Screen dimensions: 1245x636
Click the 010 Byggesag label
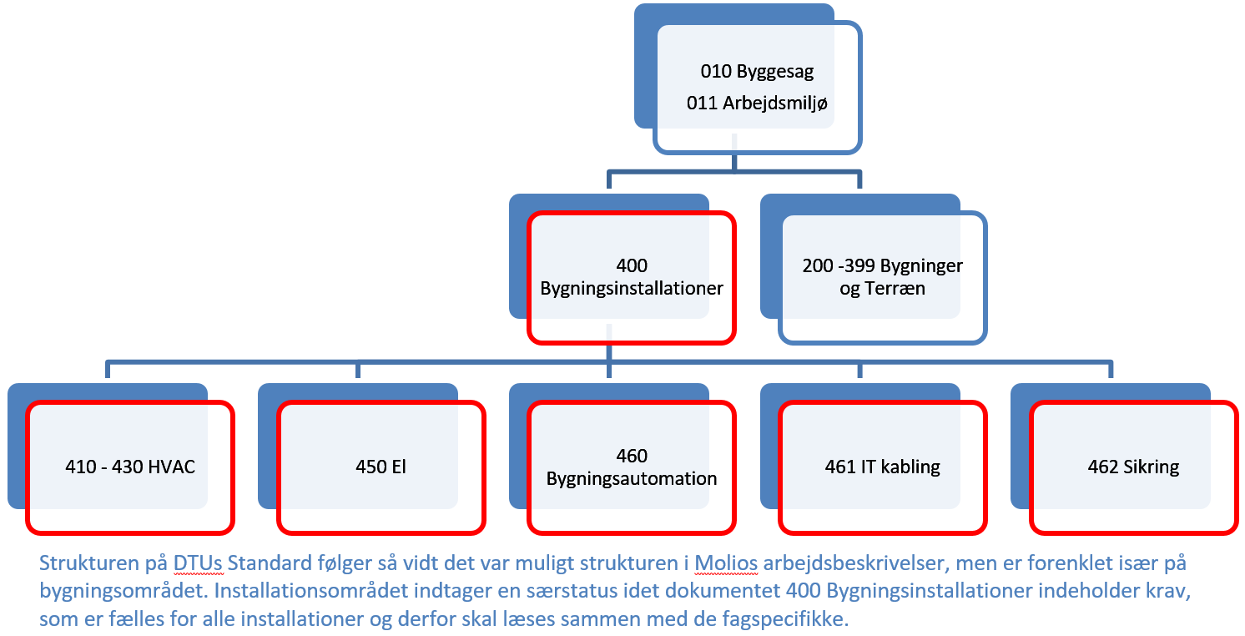pos(757,72)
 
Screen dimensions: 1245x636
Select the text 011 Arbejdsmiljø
pos(757,103)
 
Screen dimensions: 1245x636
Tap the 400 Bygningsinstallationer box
pos(632,277)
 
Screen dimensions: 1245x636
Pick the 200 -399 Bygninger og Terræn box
pos(883,277)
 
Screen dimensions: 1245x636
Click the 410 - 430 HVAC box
pos(130,467)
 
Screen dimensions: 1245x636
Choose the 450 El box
pos(381,467)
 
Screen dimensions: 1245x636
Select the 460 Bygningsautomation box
pos(632,467)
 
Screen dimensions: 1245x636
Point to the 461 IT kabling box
pos(883,467)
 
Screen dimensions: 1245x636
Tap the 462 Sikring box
pos(1134,467)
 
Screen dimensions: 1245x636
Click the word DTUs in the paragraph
pos(199,563)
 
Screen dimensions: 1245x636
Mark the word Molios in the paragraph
pos(726,563)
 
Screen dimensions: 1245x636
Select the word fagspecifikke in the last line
pos(784,618)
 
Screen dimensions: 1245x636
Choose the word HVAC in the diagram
pos(172,467)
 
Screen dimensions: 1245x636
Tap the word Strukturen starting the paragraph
pos(89,563)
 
